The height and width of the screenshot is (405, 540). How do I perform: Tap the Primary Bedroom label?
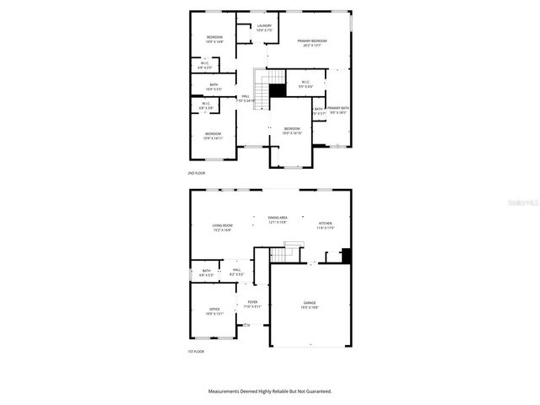[x=312, y=43]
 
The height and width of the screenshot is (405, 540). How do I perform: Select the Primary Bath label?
[x=338, y=110]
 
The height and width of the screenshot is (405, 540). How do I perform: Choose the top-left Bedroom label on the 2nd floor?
[x=213, y=39]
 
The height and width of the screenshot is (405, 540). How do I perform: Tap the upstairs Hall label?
[x=246, y=98]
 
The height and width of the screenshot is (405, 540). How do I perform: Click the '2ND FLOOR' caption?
[x=197, y=173]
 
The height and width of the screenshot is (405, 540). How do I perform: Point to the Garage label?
[x=310, y=304]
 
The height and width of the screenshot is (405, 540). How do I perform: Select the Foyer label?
[x=252, y=304]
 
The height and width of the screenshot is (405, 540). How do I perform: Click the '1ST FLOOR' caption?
[x=197, y=352]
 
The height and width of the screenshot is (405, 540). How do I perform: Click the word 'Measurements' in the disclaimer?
[x=226, y=391]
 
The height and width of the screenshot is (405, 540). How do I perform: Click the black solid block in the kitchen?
[x=344, y=256]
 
